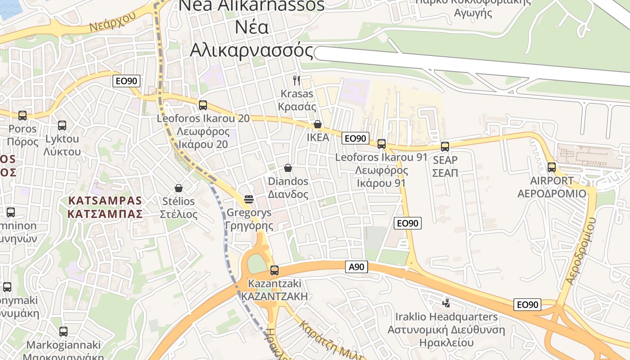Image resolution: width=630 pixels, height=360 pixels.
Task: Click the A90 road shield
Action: (356, 267)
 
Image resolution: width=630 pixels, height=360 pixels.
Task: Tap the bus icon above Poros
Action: (22, 116)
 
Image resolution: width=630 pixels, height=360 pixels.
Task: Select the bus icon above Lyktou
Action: (62, 126)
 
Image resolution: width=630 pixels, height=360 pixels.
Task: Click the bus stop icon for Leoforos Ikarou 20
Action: (203, 105)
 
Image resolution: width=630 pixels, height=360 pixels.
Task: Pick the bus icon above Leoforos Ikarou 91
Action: (382, 144)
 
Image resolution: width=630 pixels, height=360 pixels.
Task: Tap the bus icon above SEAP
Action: (445, 147)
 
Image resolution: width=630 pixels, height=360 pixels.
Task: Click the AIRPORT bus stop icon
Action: (552, 167)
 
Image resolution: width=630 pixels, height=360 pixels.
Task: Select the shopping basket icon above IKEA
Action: (318, 124)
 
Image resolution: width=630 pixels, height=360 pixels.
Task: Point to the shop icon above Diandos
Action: (288, 168)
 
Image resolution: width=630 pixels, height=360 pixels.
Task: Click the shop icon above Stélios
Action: (179, 188)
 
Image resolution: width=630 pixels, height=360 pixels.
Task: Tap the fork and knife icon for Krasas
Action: (297, 81)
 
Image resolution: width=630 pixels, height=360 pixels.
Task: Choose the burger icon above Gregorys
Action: (249, 199)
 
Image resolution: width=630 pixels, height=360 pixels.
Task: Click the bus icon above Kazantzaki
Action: (274, 270)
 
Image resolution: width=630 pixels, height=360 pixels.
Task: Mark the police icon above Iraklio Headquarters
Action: (446, 303)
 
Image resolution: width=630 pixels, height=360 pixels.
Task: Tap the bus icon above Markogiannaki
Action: (63, 332)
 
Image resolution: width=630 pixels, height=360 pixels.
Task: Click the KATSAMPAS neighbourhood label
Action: (105, 207)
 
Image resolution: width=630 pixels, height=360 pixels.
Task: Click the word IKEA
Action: (318, 137)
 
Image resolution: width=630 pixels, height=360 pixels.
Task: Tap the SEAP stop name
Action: (445, 160)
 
